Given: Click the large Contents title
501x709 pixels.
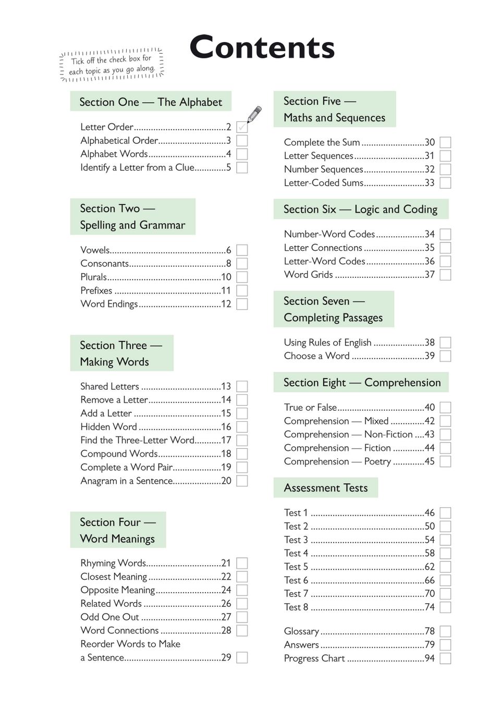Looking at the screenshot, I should (x=262, y=47).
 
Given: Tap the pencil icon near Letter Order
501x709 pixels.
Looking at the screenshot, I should (x=254, y=114).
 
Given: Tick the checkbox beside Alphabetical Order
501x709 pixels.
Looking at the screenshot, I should (x=242, y=141).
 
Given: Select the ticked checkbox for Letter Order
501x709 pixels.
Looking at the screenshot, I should (x=242, y=127).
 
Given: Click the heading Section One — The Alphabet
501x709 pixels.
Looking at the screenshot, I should (x=151, y=102).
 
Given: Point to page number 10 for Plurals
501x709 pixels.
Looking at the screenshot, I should (x=226, y=277).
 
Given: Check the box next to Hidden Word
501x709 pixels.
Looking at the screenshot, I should (x=242, y=427).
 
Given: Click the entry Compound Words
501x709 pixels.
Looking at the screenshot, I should (x=119, y=454).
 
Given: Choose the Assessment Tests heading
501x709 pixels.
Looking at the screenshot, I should (x=326, y=488).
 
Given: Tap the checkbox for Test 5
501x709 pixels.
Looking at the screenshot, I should (x=445, y=567).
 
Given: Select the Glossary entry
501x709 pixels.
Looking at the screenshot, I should (x=301, y=631).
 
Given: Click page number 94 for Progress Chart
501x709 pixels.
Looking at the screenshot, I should (x=430, y=658).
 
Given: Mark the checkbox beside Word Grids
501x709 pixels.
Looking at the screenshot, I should (x=445, y=275).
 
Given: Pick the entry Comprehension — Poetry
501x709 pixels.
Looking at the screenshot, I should (x=337, y=461).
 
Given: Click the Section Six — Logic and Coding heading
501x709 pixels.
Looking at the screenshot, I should (x=360, y=210).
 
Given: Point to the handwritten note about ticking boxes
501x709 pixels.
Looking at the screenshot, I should (x=112, y=65).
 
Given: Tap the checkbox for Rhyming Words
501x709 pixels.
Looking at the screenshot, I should (x=242, y=563).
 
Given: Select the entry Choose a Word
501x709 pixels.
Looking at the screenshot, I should (x=316, y=356).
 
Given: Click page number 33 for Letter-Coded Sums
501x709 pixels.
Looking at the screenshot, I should (x=430, y=183).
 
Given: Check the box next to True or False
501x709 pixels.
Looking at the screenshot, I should (x=445, y=407).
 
